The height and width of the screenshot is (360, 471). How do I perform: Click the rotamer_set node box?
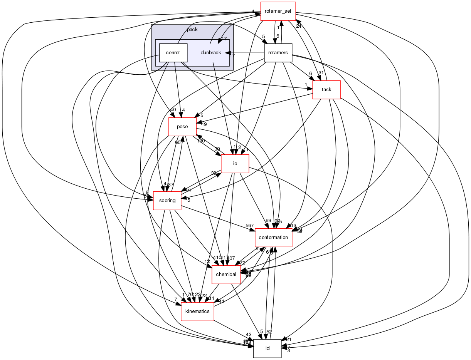tap(278, 11)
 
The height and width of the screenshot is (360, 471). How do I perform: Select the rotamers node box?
tap(278, 53)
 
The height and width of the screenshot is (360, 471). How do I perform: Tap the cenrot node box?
tap(173, 53)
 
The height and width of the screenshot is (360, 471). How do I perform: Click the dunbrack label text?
tap(211, 53)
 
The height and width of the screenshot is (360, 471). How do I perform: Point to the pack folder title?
tap(192, 29)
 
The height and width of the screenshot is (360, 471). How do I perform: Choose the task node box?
tap(326, 90)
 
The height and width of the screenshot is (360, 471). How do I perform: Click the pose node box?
tap(182, 127)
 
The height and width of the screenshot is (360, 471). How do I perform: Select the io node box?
tap(235, 164)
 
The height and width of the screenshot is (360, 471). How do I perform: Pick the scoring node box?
tap(167, 201)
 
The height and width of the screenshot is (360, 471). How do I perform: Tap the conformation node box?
tap(273, 238)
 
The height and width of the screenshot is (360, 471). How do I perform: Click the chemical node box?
tap(226, 275)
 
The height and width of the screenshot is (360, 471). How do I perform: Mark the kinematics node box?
tap(197, 311)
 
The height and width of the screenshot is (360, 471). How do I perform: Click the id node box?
tap(267, 348)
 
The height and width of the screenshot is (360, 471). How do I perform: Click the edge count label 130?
tap(201, 141)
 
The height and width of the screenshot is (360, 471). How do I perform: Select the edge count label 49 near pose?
tap(204, 124)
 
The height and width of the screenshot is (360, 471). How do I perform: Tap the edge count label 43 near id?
tap(249, 335)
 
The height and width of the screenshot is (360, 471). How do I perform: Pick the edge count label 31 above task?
tap(321, 73)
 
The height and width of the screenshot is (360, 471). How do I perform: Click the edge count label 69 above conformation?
tap(268, 221)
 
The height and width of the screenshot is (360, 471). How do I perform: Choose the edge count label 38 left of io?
tap(213, 173)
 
